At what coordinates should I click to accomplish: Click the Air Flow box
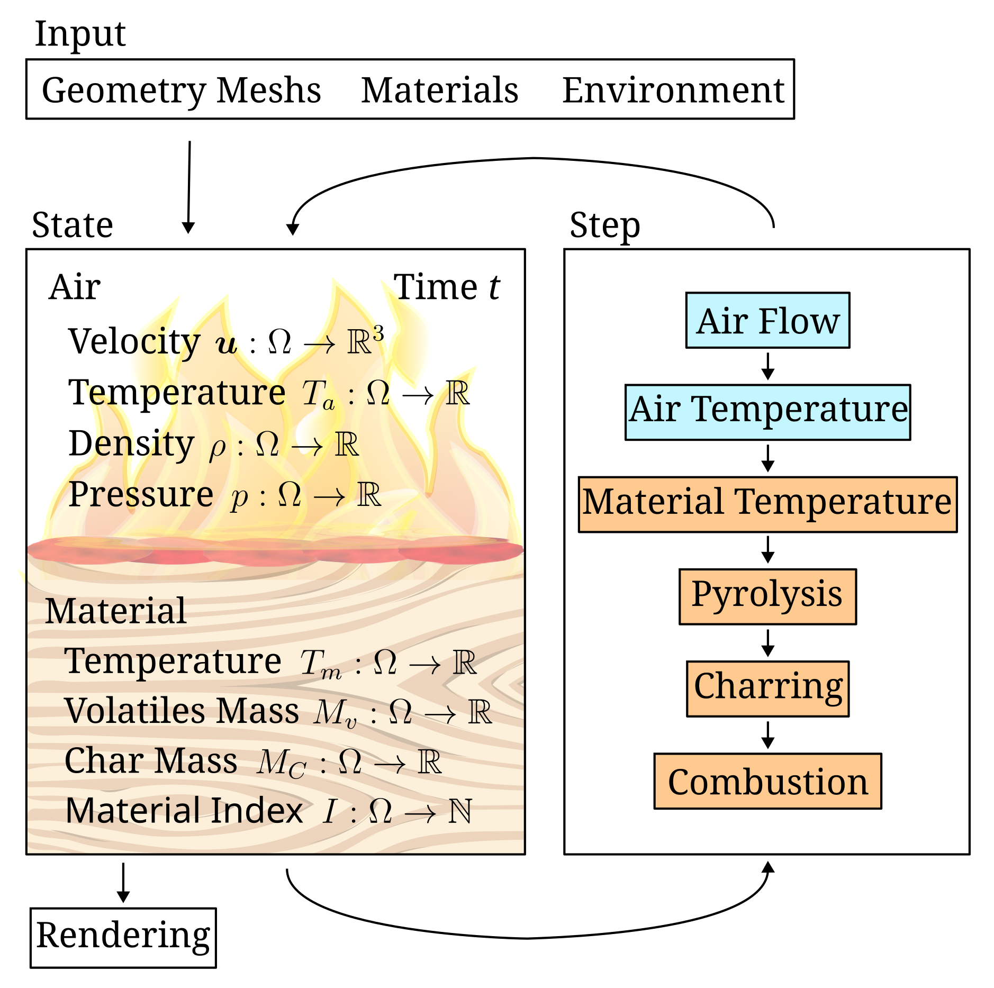767,320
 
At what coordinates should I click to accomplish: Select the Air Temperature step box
767,412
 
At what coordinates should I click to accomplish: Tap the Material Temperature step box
767,504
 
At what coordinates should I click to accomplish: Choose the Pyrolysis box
767,596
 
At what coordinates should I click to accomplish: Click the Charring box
767,688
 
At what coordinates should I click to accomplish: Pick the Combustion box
767,781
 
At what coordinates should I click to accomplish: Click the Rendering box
123,938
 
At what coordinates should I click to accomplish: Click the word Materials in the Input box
439,90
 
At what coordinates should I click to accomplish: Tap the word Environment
672,90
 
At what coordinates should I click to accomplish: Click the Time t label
446,287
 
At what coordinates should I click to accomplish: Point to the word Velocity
134,341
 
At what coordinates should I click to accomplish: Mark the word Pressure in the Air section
141,495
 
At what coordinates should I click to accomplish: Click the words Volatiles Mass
181,711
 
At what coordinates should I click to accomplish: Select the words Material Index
184,811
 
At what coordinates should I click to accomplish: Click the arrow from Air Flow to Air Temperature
767,366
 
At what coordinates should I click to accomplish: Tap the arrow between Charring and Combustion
767,735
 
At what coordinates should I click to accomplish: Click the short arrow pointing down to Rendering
123,882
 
